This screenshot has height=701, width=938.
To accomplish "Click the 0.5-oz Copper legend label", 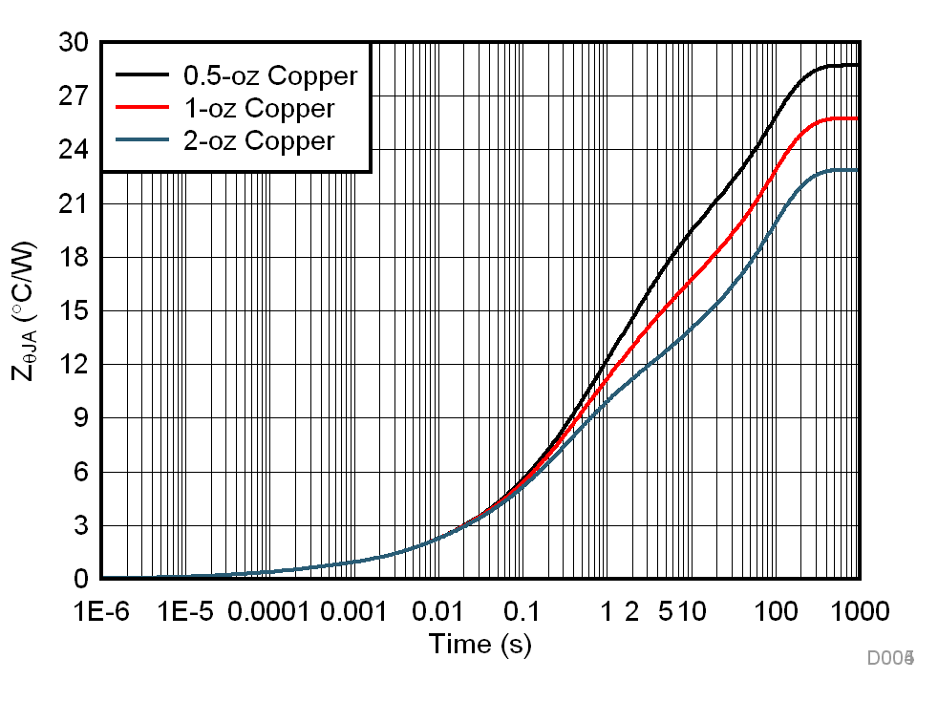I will tap(270, 75).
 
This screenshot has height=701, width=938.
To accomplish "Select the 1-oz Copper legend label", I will tap(259, 108).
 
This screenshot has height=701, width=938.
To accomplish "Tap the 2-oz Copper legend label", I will tap(259, 141).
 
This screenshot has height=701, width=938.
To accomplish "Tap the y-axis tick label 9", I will tap(80, 418).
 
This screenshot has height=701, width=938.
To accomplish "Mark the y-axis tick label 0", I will tap(80, 580).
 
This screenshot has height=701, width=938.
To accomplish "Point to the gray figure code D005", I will tap(891, 658).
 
